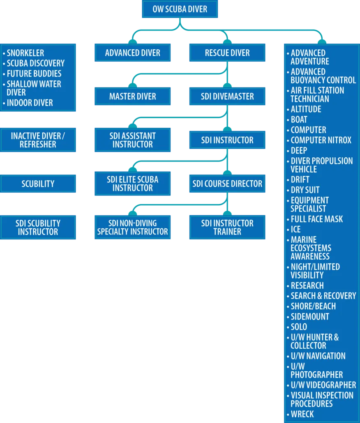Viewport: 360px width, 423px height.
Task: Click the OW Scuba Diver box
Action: point(180,9)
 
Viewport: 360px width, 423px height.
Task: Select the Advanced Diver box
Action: point(132,53)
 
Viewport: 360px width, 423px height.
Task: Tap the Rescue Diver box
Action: point(227,53)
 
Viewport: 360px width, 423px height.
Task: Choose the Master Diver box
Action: point(132,97)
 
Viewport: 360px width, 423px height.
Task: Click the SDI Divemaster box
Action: point(227,97)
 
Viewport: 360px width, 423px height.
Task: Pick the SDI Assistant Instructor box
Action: point(132,140)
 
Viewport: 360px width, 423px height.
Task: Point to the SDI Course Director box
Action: point(227,184)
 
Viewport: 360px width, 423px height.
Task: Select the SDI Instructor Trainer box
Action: point(227,227)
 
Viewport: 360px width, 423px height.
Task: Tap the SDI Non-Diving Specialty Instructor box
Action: point(132,227)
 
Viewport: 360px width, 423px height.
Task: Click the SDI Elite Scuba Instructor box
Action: point(132,184)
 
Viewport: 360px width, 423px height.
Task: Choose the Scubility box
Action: point(38,184)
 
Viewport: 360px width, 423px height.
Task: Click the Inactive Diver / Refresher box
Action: point(38,140)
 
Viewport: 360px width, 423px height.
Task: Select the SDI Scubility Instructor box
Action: point(38,227)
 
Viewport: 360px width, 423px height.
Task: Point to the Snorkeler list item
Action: point(25,53)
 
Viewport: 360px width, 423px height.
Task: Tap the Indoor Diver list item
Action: point(30,103)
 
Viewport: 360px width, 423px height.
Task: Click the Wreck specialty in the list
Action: point(302,414)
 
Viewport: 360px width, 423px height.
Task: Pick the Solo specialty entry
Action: point(299,327)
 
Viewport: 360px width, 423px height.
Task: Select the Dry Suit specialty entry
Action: point(305,190)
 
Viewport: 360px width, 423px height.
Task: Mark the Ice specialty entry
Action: point(295,229)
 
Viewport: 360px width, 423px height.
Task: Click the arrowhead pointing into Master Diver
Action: point(132,84)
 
